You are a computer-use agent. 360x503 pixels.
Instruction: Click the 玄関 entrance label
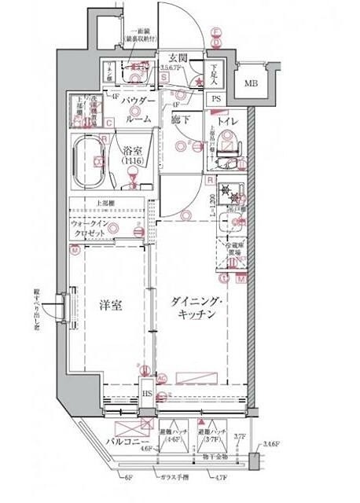[177, 57]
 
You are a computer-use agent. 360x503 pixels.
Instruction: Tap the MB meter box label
[250, 84]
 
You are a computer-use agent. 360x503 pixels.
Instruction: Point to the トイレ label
[228, 122]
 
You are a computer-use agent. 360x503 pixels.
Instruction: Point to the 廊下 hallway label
[178, 123]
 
